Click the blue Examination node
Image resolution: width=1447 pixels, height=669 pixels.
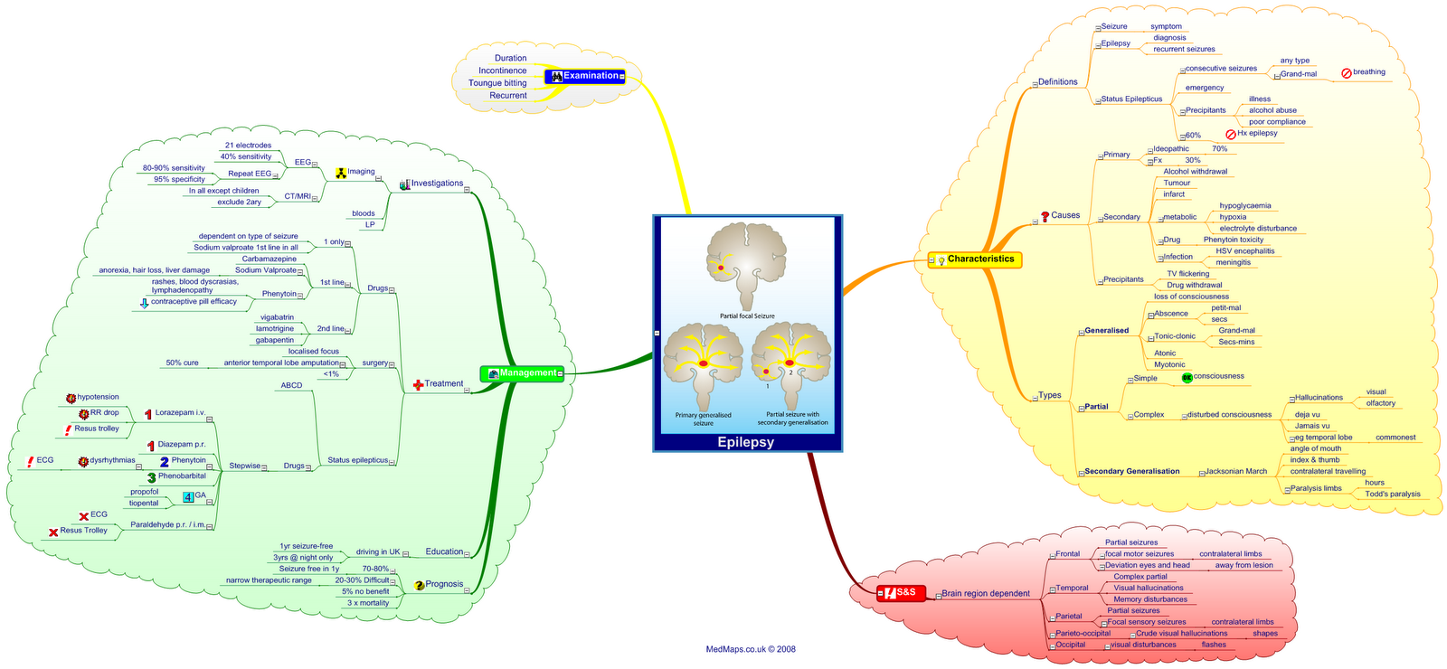pos(585,76)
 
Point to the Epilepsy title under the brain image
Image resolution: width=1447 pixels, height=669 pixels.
pos(746,442)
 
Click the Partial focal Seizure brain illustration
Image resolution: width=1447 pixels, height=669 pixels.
pos(747,267)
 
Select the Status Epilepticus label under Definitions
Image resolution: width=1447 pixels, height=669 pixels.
pos(1131,99)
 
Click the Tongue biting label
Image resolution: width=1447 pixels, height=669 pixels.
pos(497,83)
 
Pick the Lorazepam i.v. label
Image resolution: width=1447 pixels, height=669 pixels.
pos(180,412)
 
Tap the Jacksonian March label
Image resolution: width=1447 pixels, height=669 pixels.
pos(1236,471)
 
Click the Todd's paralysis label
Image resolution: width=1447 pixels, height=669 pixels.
pos(1392,494)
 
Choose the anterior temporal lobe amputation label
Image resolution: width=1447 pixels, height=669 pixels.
pos(281,363)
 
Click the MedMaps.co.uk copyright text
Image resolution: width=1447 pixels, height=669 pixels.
pos(751,649)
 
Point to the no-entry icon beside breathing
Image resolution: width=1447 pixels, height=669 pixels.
pos(1346,72)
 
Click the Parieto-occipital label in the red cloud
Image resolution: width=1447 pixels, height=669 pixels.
pos(1083,633)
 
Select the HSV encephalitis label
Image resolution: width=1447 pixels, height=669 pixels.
pos(1244,251)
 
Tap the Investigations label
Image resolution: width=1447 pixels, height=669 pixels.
pos(437,184)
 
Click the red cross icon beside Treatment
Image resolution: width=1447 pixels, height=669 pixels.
pos(418,384)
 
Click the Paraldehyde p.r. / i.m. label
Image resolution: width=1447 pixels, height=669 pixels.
pos(167,524)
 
